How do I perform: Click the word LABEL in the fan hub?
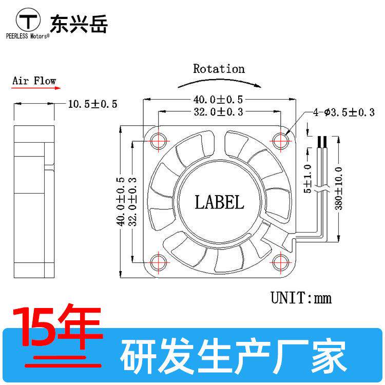[219, 202]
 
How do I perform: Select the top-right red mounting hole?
[282, 139]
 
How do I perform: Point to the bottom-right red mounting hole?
[282, 262]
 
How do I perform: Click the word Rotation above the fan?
[219, 69]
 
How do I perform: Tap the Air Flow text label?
[34, 81]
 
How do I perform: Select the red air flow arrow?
[34, 88]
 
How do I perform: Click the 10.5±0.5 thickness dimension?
[93, 104]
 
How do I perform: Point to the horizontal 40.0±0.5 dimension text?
[219, 100]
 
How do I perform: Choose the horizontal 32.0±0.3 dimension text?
[219, 111]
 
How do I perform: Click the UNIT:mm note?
[301, 298]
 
